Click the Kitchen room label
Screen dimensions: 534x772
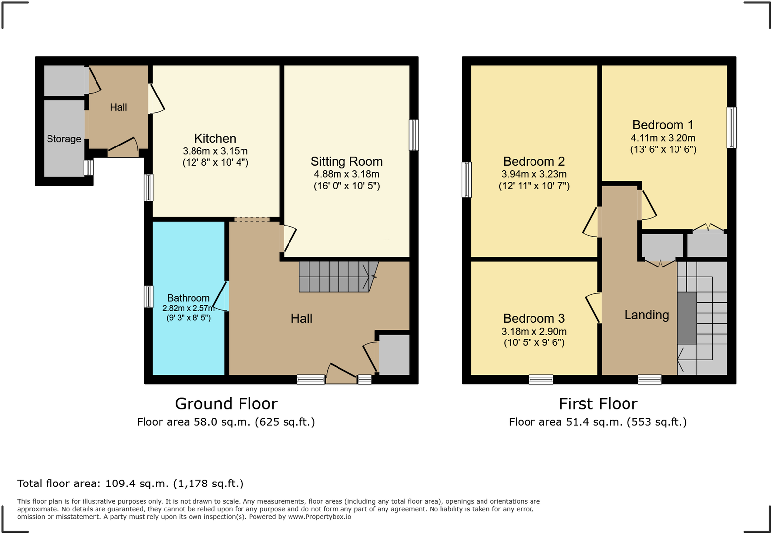(215, 138)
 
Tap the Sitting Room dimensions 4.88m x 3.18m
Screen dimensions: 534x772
(346, 174)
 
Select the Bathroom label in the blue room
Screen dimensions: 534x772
(188, 298)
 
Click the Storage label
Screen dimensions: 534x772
(64, 139)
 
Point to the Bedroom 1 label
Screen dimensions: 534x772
(663, 125)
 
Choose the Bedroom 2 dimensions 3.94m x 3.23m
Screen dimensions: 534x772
(533, 174)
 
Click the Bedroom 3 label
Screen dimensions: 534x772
(533, 318)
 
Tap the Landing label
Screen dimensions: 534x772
(646, 315)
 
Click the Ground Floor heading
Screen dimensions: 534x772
(226, 404)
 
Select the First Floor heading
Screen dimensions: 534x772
(598, 404)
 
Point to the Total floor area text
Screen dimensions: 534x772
(131, 484)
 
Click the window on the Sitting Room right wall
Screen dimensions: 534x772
(414, 135)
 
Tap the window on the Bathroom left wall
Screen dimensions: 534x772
(148, 296)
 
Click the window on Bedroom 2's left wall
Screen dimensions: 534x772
(466, 180)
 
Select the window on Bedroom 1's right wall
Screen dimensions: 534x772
(731, 128)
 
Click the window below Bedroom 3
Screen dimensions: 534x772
(540, 379)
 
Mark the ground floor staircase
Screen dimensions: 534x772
(334, 277)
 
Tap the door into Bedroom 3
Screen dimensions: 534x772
(594, 307)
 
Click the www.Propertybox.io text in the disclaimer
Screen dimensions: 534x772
(319, 517)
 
